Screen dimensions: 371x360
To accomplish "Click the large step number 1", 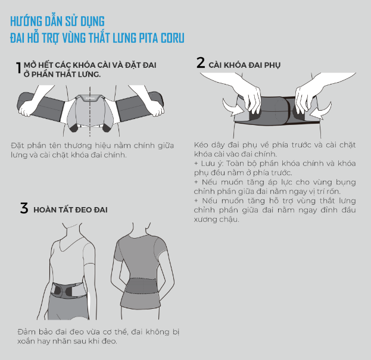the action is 18,68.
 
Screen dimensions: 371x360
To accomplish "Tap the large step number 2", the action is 201,62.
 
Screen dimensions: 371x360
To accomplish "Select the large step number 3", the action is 24,208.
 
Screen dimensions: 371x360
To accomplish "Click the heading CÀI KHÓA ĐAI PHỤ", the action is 244,65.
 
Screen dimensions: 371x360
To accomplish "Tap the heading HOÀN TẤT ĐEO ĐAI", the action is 70,209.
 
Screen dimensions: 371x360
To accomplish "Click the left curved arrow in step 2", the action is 233,107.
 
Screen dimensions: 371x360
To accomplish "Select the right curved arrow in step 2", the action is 321,109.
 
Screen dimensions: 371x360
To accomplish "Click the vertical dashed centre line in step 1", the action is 90,111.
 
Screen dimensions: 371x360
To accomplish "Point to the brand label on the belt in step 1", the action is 90,98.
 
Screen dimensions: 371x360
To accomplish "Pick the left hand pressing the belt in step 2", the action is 251,99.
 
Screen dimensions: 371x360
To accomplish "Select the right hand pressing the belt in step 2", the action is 305,99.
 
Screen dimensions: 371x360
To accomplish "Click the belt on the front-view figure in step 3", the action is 68,290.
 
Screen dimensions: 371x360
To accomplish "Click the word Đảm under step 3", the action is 26,331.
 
